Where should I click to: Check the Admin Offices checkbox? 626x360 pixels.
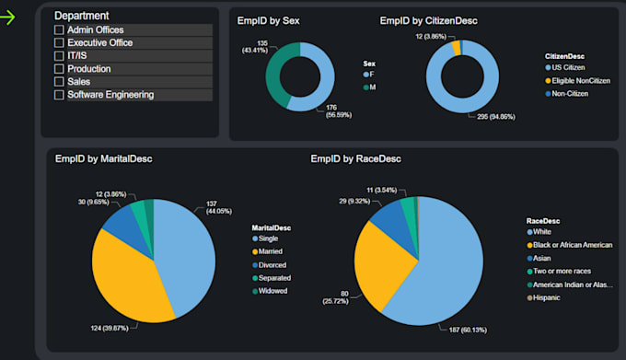point(59,30)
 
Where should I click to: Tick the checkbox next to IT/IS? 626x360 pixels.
point(59,56)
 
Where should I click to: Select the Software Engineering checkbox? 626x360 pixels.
point(59,95)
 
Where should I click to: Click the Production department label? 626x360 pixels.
point(89,69)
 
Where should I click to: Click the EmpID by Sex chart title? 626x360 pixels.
point(268,20)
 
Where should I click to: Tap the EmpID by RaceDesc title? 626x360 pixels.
point(355,159)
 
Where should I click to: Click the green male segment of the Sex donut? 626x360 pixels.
point(273,76)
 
